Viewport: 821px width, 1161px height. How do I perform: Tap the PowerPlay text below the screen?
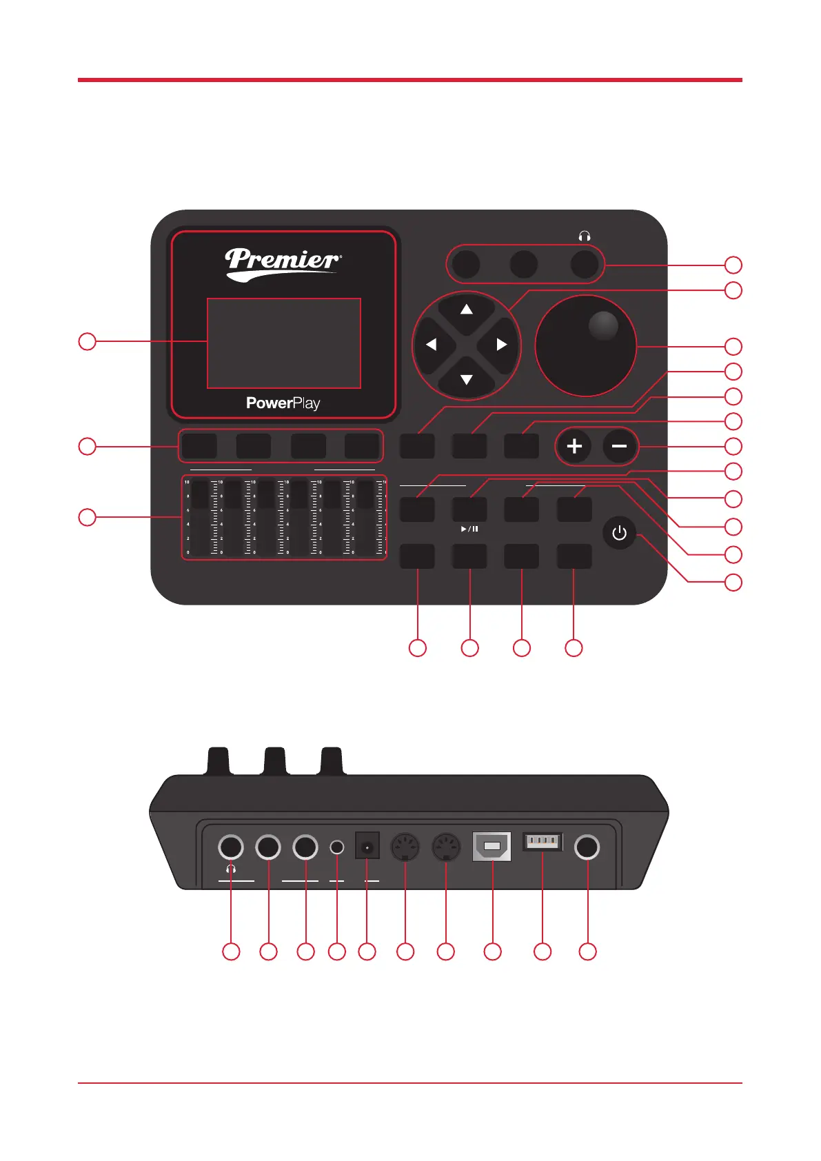[283, 403]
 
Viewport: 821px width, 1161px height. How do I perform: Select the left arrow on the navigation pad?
[431, 344]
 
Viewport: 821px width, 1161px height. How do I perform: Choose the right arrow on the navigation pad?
[502, 344]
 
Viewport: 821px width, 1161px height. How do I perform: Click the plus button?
[574, 446]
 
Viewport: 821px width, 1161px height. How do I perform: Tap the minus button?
[619, 446]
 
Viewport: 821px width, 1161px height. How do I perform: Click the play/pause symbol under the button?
[469, 529]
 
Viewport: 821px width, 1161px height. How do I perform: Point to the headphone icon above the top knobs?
[585, 236]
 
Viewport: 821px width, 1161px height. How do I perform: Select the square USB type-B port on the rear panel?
[491, 847]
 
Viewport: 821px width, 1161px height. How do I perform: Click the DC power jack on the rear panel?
[367, 846]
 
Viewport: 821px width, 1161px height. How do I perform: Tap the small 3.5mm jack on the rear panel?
[336, 847]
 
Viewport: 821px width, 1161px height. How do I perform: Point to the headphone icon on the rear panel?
[231, 869]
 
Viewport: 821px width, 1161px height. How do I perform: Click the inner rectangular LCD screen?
[284, 343]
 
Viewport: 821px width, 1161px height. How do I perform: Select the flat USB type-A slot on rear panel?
[543, 841]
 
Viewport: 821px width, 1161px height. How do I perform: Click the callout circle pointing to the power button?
[733, 583]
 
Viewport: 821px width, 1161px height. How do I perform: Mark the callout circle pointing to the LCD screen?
[87, 341]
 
